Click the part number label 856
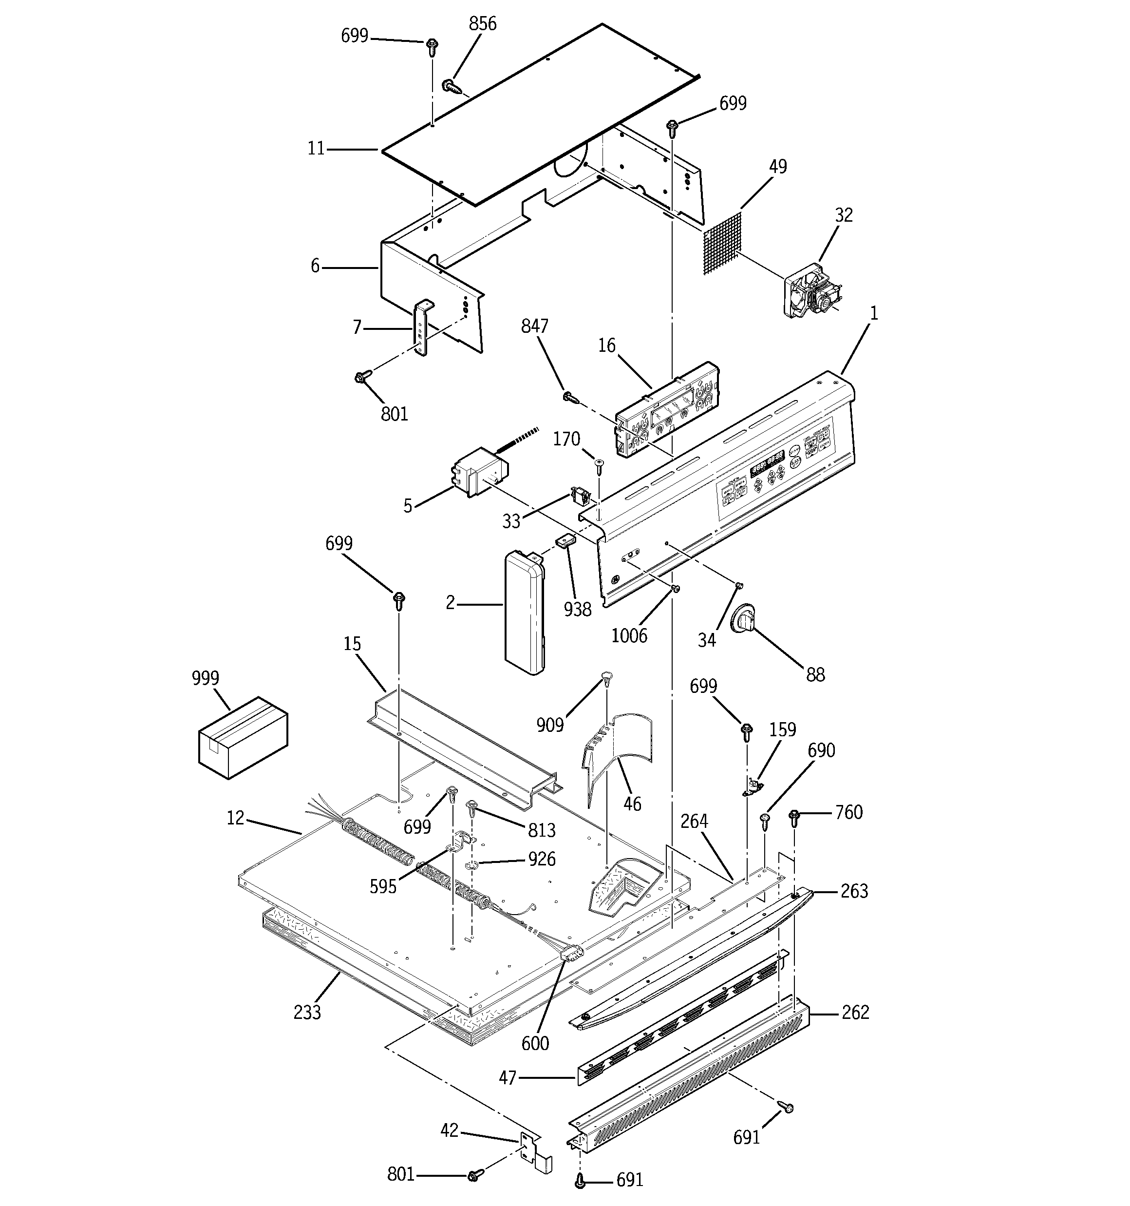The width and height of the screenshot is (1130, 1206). pos(482,24)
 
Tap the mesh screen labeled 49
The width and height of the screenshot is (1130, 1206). pos(722,243)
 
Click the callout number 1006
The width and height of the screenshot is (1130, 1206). pos(629,636)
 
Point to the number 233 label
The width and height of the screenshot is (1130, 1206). pos(307,1013)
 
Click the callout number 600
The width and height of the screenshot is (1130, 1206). pos(535,1043)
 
